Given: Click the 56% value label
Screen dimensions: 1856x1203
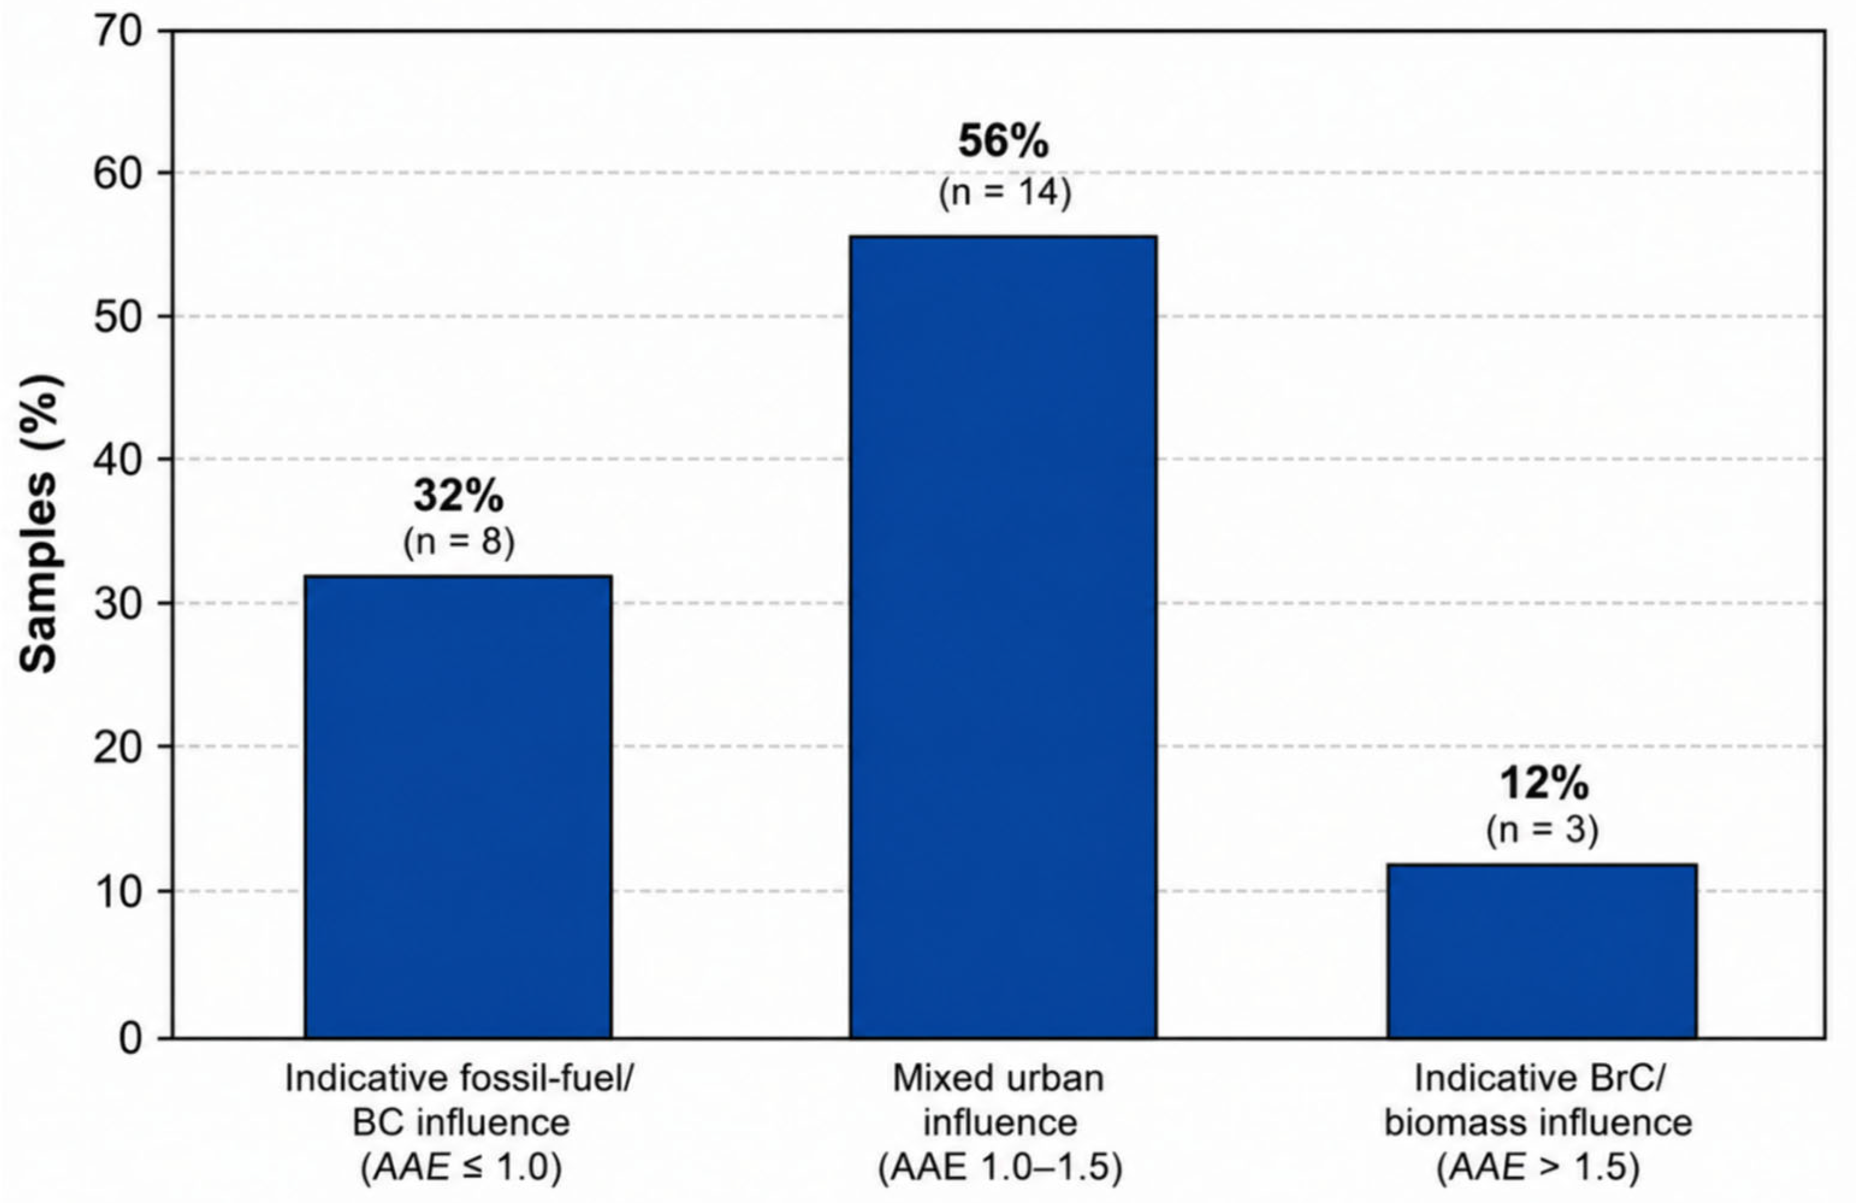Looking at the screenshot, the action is point(1004,143).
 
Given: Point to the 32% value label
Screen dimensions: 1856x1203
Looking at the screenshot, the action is point(458,496).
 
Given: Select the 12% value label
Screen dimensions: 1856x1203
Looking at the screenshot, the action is point(1544,784).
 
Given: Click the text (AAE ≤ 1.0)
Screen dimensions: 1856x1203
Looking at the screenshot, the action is point(461,1168).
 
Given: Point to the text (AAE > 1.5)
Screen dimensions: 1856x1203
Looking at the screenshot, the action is point(1538,1168).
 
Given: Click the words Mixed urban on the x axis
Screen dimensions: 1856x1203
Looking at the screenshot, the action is point(998,1079).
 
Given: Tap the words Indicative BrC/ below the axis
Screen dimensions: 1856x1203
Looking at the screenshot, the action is point(1540,1079).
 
